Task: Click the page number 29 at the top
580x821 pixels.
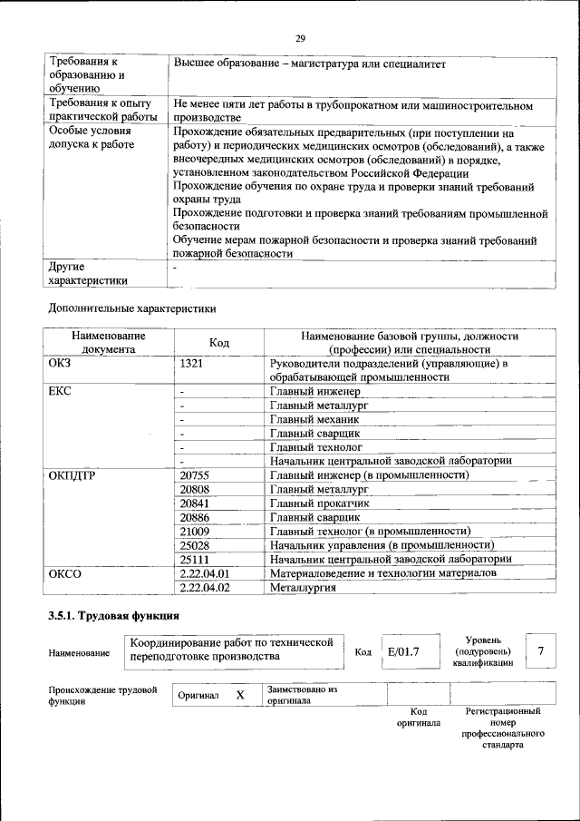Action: [300, 39]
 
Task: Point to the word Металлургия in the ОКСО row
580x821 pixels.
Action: [303, 588]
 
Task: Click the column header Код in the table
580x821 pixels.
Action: [219, 343]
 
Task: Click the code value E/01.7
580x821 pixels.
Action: [402, 651]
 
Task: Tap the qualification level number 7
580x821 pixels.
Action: [540, 651]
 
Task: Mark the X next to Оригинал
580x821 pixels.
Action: [240, 695]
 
